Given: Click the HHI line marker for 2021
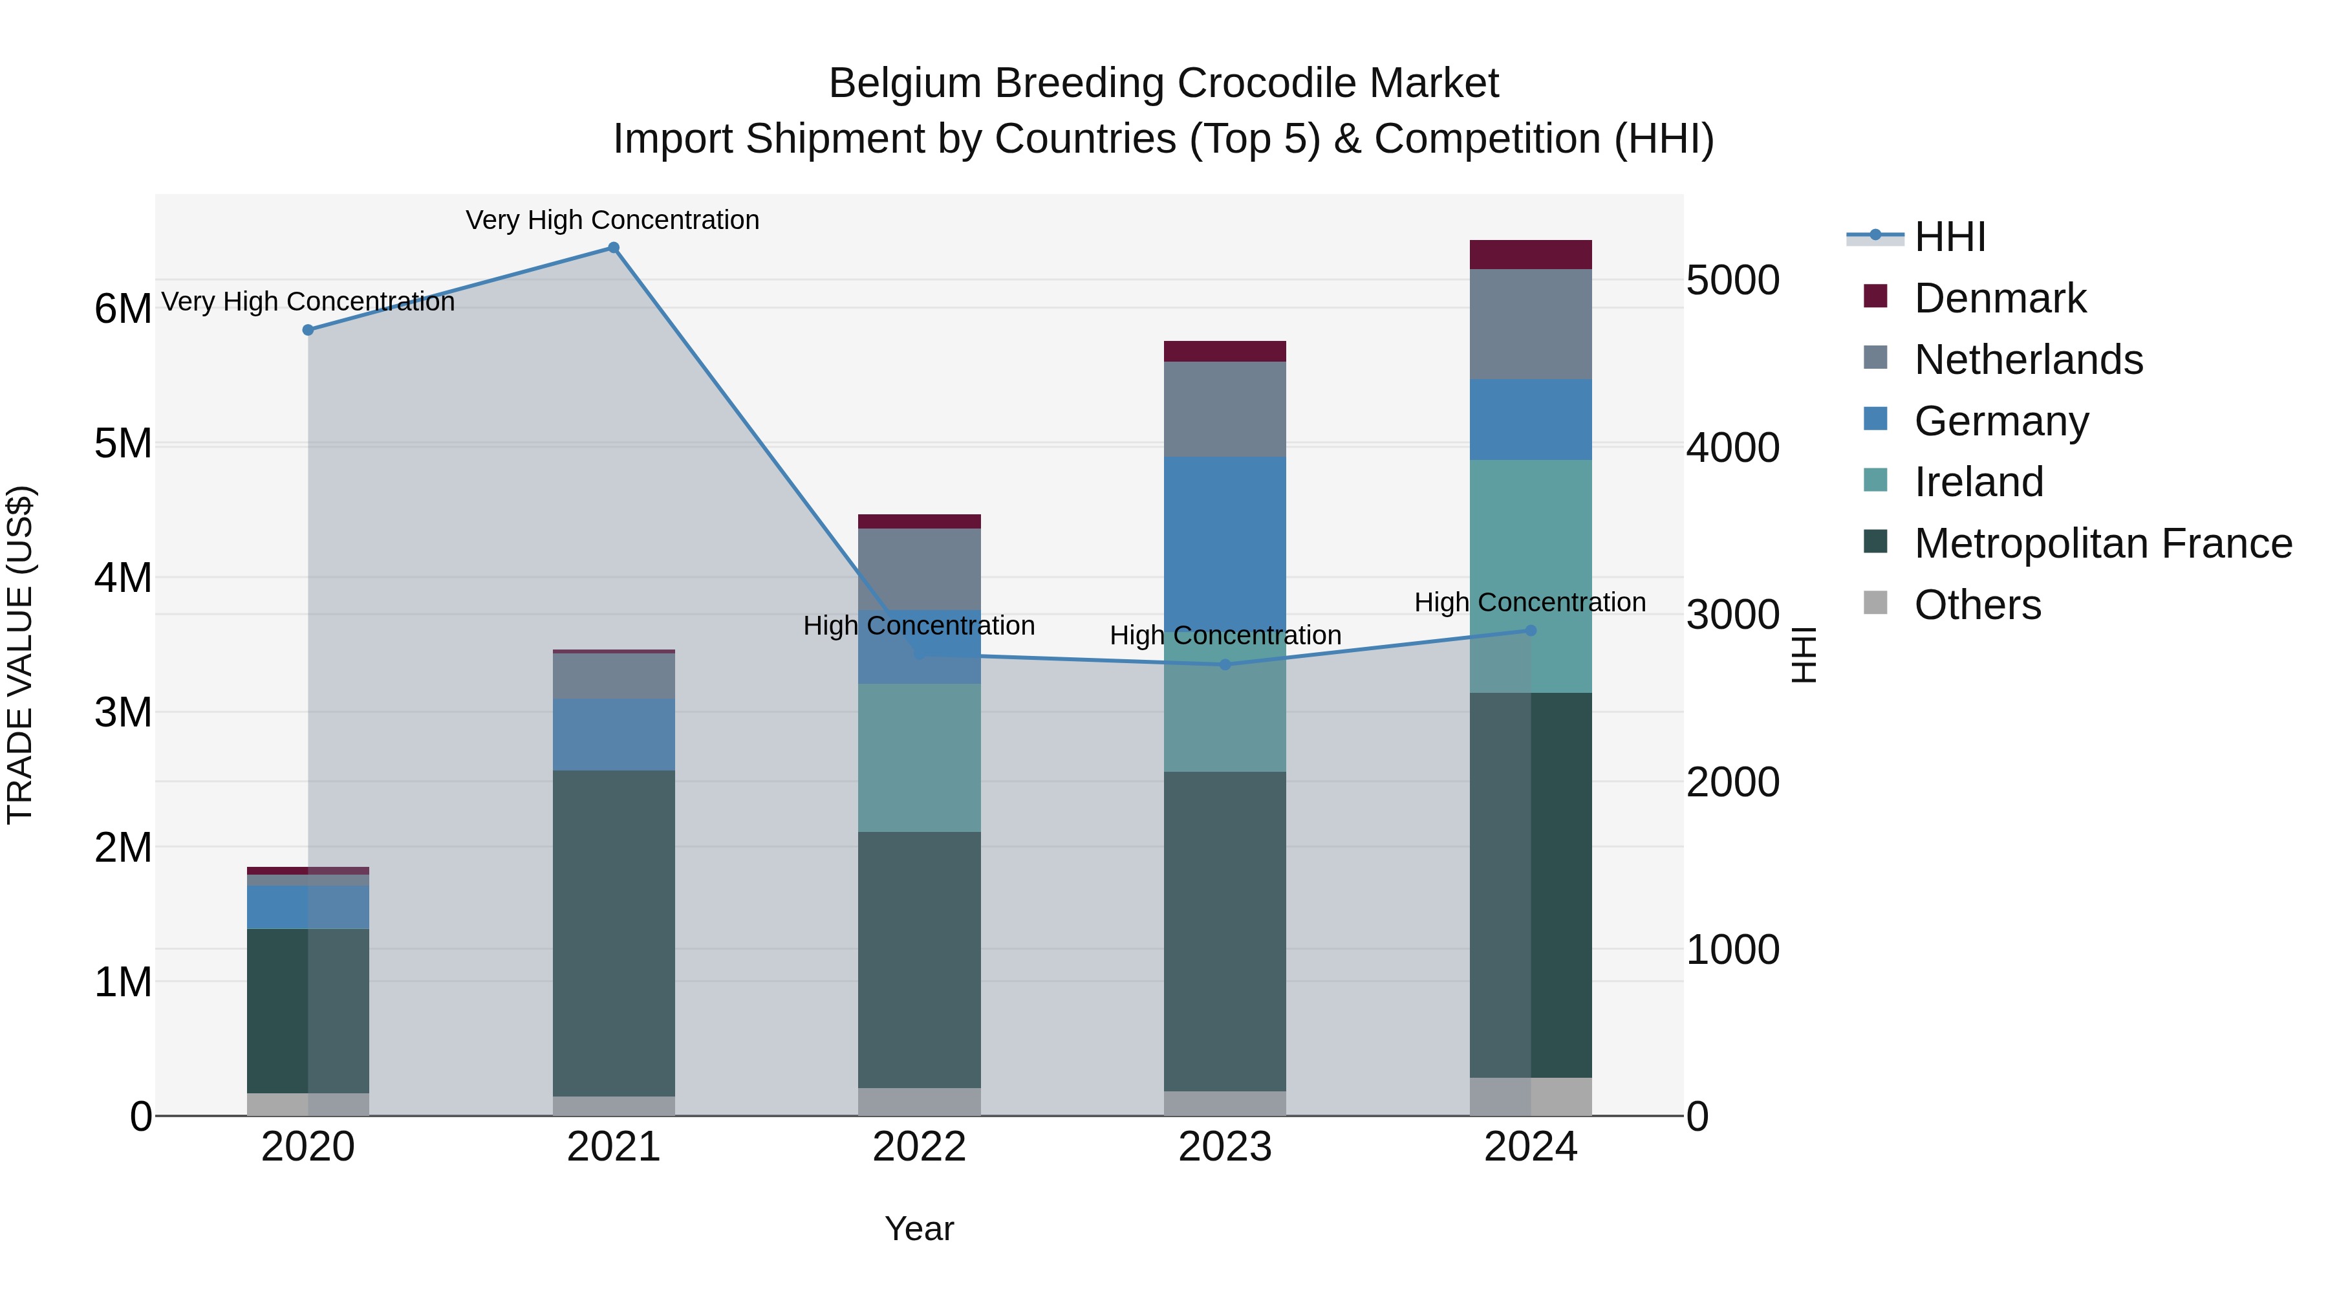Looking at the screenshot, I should tap(614, 248).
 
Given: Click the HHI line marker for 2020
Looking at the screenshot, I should tap(308, 330).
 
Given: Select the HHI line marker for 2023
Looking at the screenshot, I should tap(1225, 664).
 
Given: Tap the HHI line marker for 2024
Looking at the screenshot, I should tap(1531, 630).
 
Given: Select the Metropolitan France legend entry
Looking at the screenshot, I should tap(2103, 543).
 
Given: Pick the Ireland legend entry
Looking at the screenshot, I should tap(1978, 482).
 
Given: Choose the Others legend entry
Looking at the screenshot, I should tap(1978, 605).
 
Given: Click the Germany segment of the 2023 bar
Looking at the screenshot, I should tap(1225, 543).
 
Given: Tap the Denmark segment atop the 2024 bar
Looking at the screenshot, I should tap(1531, 255).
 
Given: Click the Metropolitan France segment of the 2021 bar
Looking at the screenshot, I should tap(614, 931).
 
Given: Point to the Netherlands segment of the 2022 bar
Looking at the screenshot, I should tap(919, 569).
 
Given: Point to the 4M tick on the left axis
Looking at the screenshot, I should tap(124, 578).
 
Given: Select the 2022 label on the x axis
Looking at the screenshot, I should tap(919, 1147).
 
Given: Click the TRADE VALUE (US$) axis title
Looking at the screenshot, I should tap(20, 655).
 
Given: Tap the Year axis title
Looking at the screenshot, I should tap(919, 1228).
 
